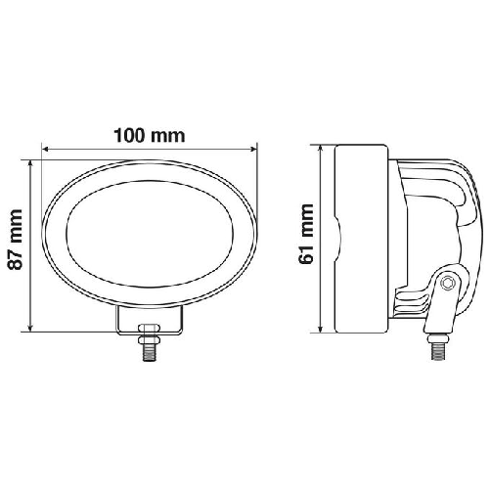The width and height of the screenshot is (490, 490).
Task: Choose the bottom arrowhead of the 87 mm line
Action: [34, 327]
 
